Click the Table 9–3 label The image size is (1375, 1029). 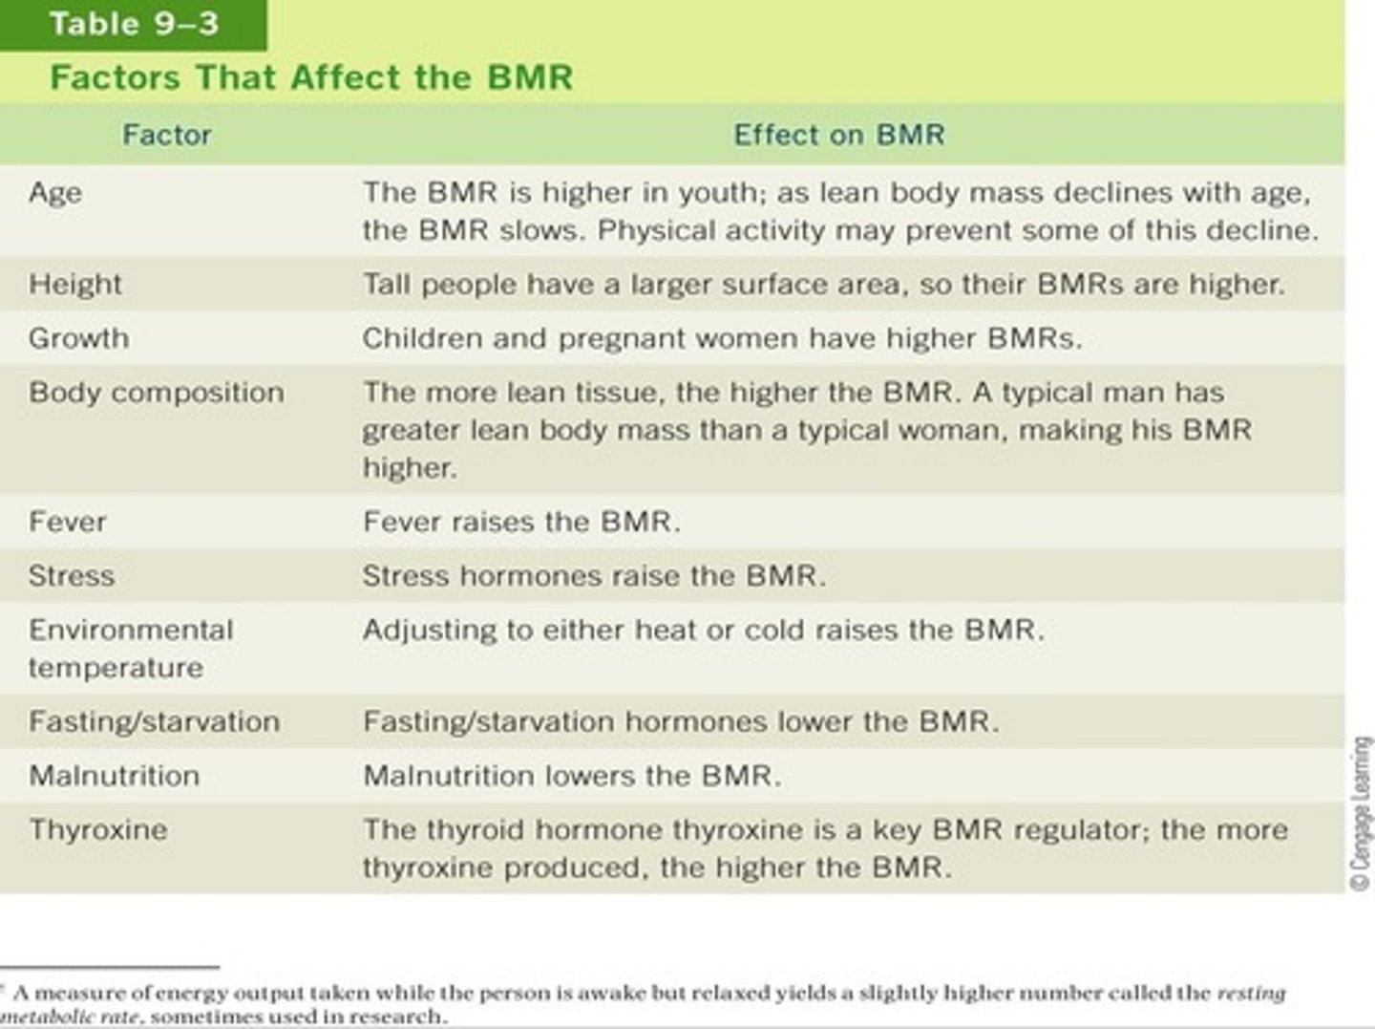click(134, 24)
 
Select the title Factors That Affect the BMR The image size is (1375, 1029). click(311, 77)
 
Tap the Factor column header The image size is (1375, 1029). click(166, 135)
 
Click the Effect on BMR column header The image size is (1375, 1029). click(838, 135)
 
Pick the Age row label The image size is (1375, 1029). click(55, 193)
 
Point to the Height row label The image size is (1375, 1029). click(75, 285)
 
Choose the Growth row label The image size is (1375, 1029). click(79, 338)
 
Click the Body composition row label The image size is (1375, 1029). click(157, 393)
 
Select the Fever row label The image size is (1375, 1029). click(68, 522)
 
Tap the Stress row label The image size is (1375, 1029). click(72, 576)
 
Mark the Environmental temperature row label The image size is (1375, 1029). click(131, 649)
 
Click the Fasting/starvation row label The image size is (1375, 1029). click(155, 721)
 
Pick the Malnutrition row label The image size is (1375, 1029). click(115, 776)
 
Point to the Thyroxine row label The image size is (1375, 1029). click(98, 829)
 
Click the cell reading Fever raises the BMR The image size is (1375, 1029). click(521, 522)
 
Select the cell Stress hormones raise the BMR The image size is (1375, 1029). click(594, 576)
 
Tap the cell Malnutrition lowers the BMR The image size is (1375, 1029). click(572, 776)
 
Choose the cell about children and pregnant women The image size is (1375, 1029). click(722, 338)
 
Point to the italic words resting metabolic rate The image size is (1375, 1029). click(1251, 994)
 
